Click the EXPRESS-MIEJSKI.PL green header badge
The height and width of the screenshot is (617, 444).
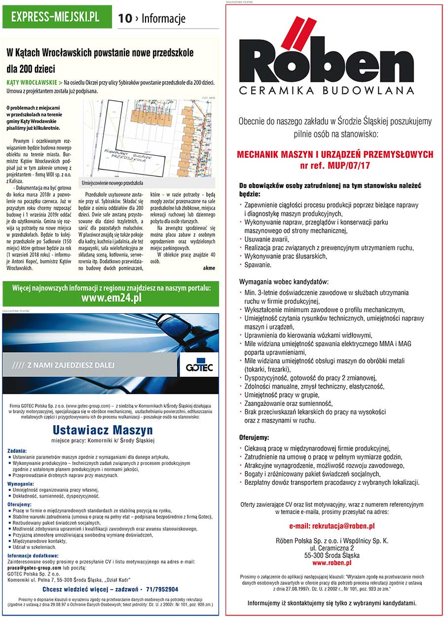[55, 18]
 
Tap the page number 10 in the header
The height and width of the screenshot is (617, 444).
[125, 19]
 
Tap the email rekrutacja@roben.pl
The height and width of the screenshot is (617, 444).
[332, 526]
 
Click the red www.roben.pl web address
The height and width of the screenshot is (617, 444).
[332, 562]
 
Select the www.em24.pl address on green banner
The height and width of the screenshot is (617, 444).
[111, 297]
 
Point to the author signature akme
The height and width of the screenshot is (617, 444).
[209, 267]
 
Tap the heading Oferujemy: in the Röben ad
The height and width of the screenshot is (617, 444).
[254, 437]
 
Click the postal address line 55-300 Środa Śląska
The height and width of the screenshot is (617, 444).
[332, 555]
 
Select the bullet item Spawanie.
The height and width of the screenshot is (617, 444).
[258, 265]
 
